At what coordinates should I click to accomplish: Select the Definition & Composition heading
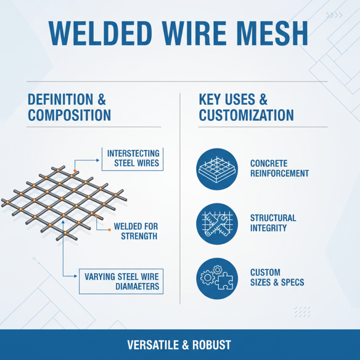[x=69, y=107]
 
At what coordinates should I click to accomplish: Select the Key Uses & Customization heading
[x=246, y=107]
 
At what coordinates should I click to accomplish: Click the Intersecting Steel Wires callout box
[x=133, y=158]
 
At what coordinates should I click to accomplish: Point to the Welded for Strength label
[x=136, y=231]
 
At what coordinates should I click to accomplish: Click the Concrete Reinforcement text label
[x=279, y=168]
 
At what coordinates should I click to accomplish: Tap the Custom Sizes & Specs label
[x=277, y=278]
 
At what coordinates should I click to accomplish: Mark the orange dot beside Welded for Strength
[x=109, y=230]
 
